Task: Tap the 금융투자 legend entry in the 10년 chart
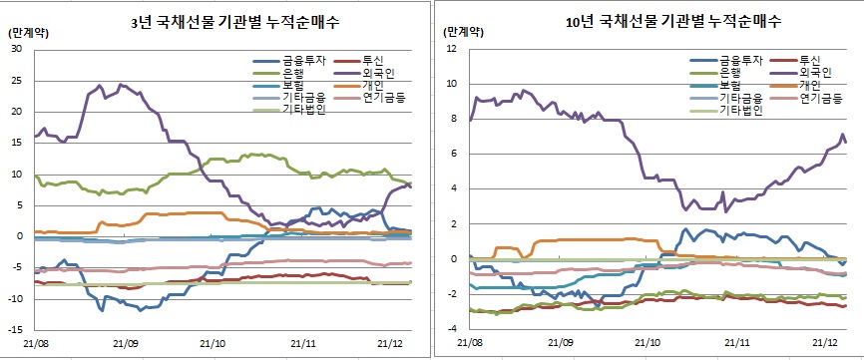pyautogui.click(x=737, y=60)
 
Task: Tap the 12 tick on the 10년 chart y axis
pyautogui.click(x=451, y=49)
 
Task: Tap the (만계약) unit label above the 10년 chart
pyautogui.click(x=460, y=32)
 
